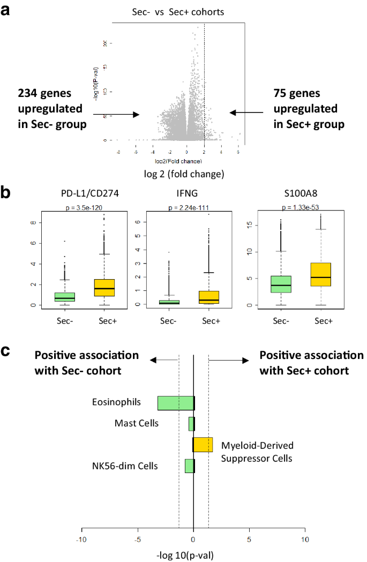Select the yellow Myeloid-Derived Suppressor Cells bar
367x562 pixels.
pos(203,445)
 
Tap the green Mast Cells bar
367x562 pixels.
pos(191,424)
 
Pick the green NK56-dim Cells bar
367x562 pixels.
pos(189,466)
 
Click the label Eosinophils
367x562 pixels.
pos(111,402)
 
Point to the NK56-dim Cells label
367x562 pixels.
pos(125,466)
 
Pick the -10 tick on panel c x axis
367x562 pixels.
pos(81,539)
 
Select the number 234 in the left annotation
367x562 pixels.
pos(29,93)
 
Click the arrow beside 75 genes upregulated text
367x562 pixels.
pos(246,113)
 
